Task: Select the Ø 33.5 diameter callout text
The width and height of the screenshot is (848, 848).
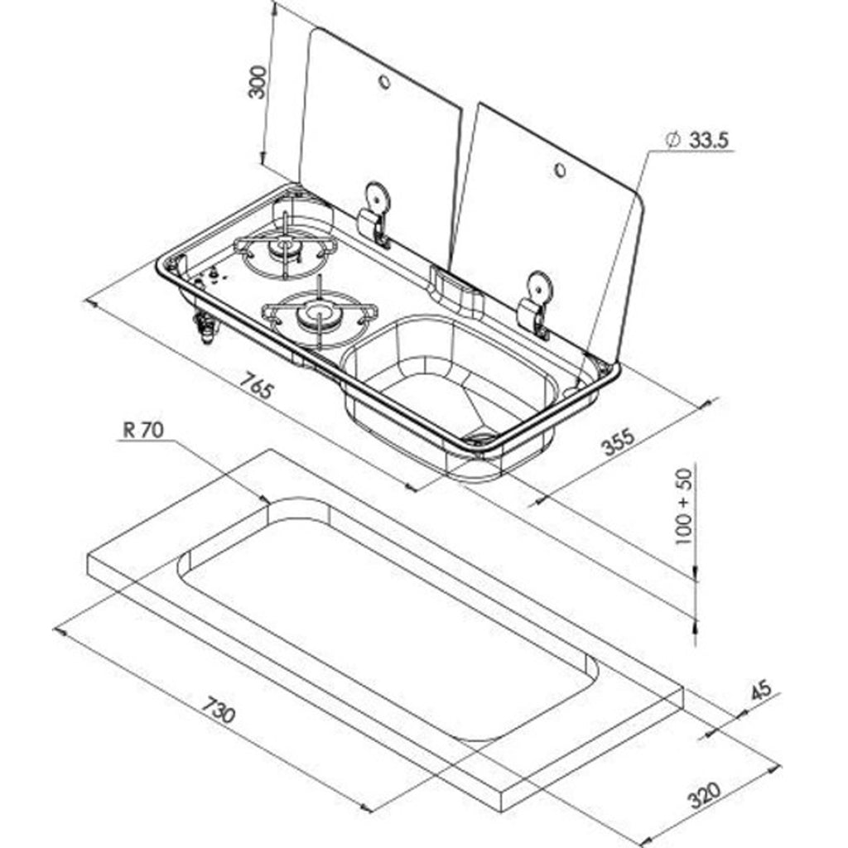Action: click(697, 141)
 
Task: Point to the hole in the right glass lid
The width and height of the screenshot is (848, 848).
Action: click(560, 171)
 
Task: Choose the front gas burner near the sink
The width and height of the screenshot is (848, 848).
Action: click(317, 314)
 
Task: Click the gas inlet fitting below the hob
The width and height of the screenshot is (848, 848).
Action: click(204, 328)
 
